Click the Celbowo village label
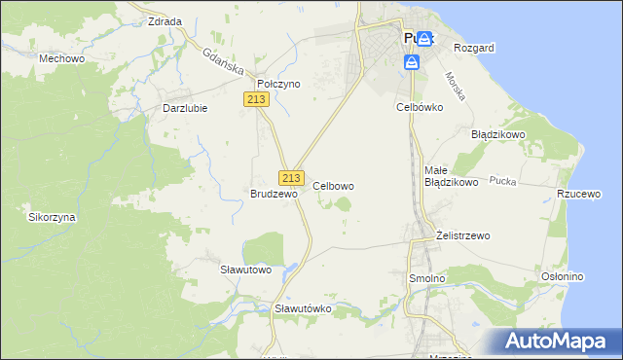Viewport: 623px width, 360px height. (x=333, y=185)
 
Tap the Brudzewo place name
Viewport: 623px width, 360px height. (x=273, y=194)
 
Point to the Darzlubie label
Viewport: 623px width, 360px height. (x=184, y=108)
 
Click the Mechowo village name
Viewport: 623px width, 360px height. (x=58, y=58)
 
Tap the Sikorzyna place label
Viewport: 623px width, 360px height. (x=52, y=218)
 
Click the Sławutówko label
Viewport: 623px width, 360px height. (x=304, y=308)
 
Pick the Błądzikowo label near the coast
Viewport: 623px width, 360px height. (x=498, y=134)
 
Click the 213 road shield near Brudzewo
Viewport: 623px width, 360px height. (x=291, y=177)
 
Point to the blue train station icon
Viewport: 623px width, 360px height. (x=412, y=62)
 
